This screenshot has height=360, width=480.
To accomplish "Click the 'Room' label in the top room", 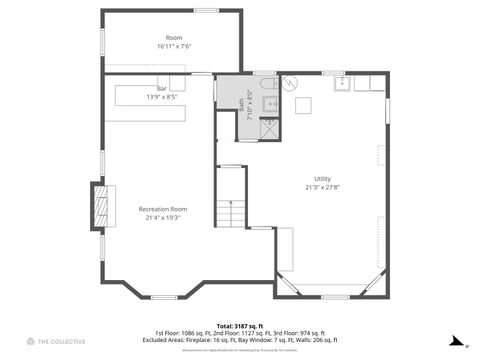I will click(174, 37).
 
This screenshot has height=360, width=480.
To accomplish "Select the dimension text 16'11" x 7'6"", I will click(174, 46).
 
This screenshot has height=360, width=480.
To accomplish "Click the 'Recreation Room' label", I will click(162, 208).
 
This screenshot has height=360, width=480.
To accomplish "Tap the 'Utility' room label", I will click(322, 178).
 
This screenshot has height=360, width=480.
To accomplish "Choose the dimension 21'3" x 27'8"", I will click(322, 187).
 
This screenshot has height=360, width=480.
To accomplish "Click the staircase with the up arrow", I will click(232, 212).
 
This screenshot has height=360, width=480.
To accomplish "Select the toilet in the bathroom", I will click(268, 103).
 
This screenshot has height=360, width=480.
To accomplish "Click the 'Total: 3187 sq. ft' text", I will click(239, 325).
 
